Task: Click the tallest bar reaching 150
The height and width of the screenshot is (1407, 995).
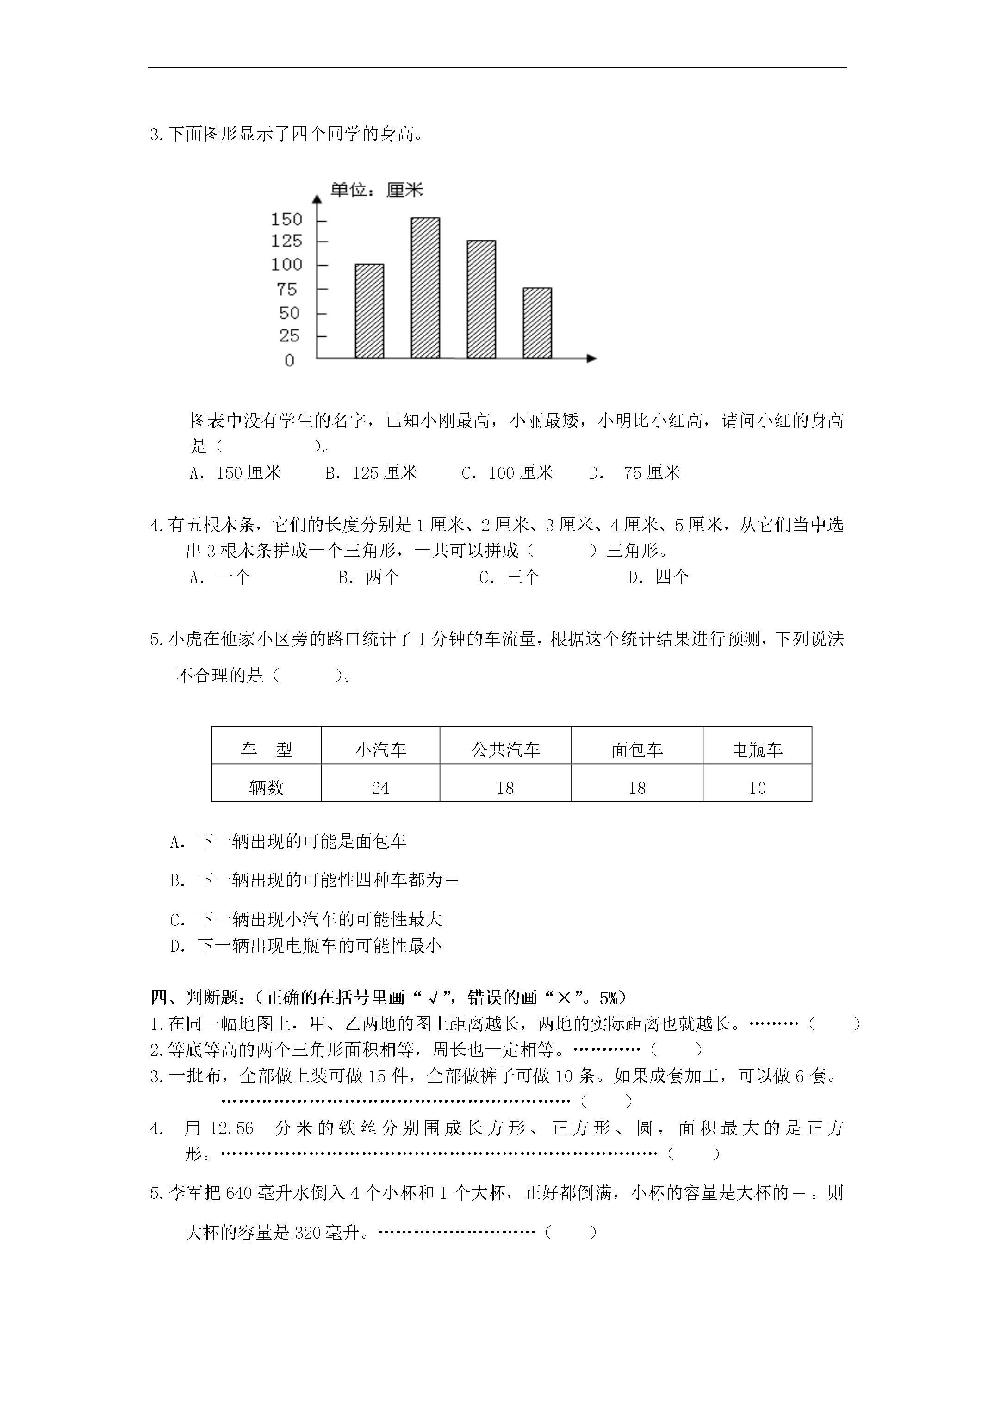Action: pyautogui.click(x=425, y=288)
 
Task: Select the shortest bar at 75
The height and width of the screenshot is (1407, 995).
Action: pyautogui.click(x=537, y=323)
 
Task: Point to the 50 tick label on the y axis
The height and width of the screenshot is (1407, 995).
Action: pyautogui.click(x=289, y=313)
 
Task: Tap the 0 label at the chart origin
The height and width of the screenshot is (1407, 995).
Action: pyautogui.click(x=289, y=360)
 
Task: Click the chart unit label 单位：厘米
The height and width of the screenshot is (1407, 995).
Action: pyautogui.click(x=376, y=190)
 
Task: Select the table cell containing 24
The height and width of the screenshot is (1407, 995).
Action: pyautogui.click(x=380, y=788)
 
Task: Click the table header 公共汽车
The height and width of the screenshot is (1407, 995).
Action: pyautogui.click(x=505, y=750)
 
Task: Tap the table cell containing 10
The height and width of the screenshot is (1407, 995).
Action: pyautogui.click(x=757, y=788)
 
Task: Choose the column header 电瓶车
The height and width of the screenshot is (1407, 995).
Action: pyautogui.click(x=757, y=750)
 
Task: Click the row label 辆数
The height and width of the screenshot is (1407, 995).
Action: pyautogui.click(x=266, y=788)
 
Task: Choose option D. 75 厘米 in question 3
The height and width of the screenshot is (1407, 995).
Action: pyautogui.click(x=635, y=473)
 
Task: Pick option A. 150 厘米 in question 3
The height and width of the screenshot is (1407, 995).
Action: pyautogui.click(x=236, y=473)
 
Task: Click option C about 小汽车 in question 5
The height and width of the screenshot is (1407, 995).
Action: pyautogui.click(x=306, y=920)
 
